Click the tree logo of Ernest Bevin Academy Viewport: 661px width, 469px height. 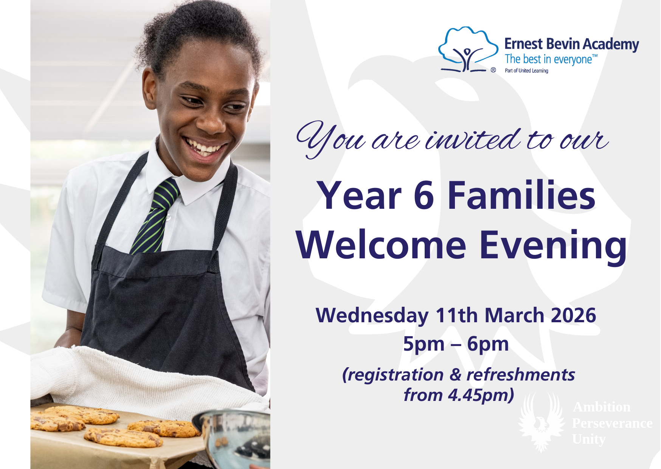468,49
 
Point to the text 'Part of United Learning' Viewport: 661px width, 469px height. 526,71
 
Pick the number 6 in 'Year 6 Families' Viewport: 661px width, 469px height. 424,196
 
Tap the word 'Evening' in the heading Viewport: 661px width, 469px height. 553,247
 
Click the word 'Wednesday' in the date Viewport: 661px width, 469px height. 372,316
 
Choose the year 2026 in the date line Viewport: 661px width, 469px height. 574,315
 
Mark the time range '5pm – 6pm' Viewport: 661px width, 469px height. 456,345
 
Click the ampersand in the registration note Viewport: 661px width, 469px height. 455,375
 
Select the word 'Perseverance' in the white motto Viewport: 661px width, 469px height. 612,423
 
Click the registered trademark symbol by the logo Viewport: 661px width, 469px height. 493,70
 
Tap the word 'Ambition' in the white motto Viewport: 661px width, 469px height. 602,407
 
